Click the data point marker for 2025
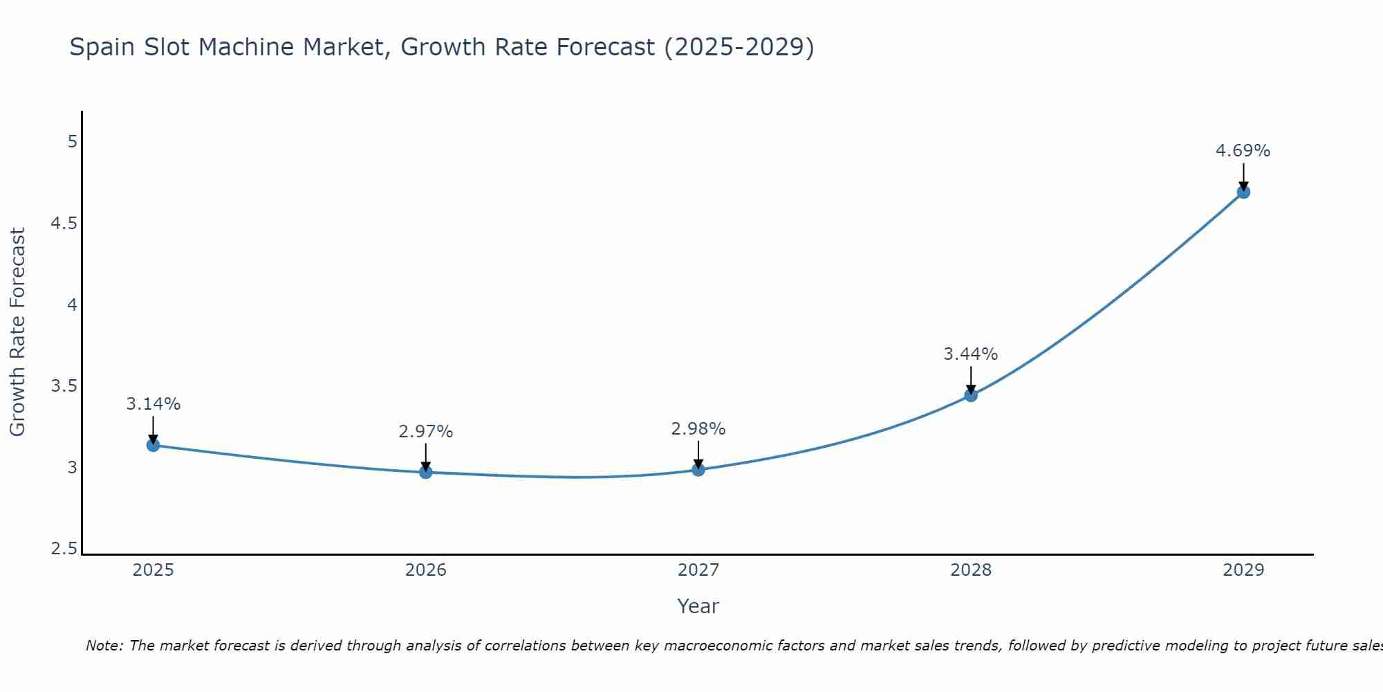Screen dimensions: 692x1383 (x=154, y=445)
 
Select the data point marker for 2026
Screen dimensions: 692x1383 (x=426, y=472)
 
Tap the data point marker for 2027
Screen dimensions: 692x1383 (x=698, y=470)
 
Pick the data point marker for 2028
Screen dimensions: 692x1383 (x=971, y=395)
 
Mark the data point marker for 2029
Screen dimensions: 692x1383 (x=1243, y=192)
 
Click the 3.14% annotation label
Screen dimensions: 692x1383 (x=154, y=404)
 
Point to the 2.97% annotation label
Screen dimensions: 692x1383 (x=426, y=432)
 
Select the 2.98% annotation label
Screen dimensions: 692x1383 (x=698, y=429)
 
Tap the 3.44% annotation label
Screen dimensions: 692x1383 (x=971, y=354)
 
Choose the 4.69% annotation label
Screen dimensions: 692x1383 (x=1243, y=151)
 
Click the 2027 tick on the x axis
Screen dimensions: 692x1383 (x=698, y=570)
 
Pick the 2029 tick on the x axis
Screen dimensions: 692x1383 (x=1243, y=570)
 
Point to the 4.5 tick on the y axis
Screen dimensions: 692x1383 (x=64, y=224)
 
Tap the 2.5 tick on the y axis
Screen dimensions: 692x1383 (x=64, y=549)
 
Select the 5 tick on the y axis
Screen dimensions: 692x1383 (x=72, y=142)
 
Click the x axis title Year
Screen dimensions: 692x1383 (x=698, y=606)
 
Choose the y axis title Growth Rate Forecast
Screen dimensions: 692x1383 (x=18, y=332)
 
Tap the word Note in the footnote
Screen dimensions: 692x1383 (x=104, y=646)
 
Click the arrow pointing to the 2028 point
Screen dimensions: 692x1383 (x=971, y=379)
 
